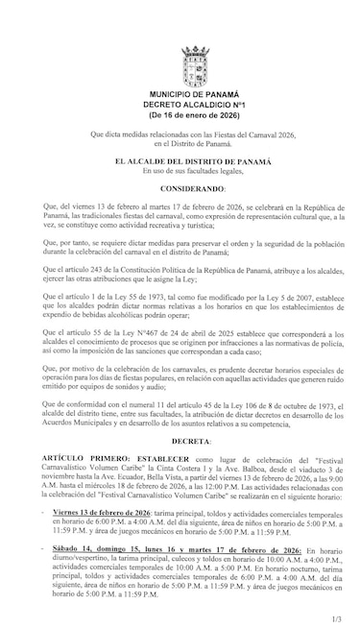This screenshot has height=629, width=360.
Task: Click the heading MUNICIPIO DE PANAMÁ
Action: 180,91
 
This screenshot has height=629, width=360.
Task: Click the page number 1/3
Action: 334,605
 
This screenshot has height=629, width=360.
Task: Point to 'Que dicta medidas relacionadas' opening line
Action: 180,134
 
